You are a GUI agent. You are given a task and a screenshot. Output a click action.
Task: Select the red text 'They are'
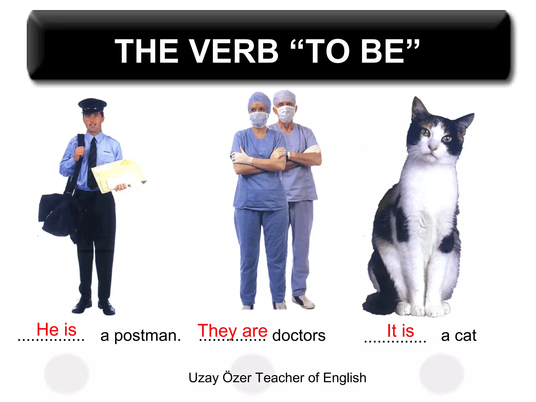pyautogui.click(x=232, y=331)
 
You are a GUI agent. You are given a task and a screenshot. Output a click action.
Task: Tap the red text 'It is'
pyautogui.click(x=400, y=331)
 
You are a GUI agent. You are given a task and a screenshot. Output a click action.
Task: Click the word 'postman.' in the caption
pyautogui.click(x=147, y=336)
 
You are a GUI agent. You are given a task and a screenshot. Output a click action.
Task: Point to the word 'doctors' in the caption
pyautogui.click(x=299, y=336)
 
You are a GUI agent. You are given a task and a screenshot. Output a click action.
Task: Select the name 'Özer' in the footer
pyautogui.click(x=237, y=377)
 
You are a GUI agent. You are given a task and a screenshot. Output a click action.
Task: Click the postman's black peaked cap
pyautogui.click(x=92, y=105)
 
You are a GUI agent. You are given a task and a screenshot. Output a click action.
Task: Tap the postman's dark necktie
pyautogui.click(x=92, y=162)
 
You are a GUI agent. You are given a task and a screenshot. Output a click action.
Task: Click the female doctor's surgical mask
pyautogui.click(x=259, y=119)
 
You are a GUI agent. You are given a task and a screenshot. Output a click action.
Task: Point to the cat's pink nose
pyautogui.click(x=433, y=148)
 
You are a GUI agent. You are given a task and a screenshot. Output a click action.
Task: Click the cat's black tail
pyautogui.click(x=377, y=304)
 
